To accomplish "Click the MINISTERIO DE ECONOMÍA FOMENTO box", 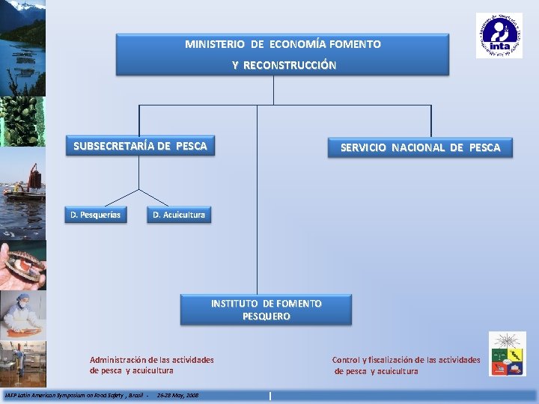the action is point(282,54).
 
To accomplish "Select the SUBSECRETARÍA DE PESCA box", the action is point(140,146).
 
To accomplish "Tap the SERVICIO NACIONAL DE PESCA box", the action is point(420,147).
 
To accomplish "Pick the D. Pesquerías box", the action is point(96,215).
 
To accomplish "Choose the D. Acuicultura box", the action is point(179,215).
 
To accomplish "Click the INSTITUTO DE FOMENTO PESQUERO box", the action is point(266,310).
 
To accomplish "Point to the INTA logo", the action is point(499,35).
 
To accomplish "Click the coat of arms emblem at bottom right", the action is point(508,354).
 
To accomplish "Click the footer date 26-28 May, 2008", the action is point(177,394).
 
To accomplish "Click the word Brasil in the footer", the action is point(136,394).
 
